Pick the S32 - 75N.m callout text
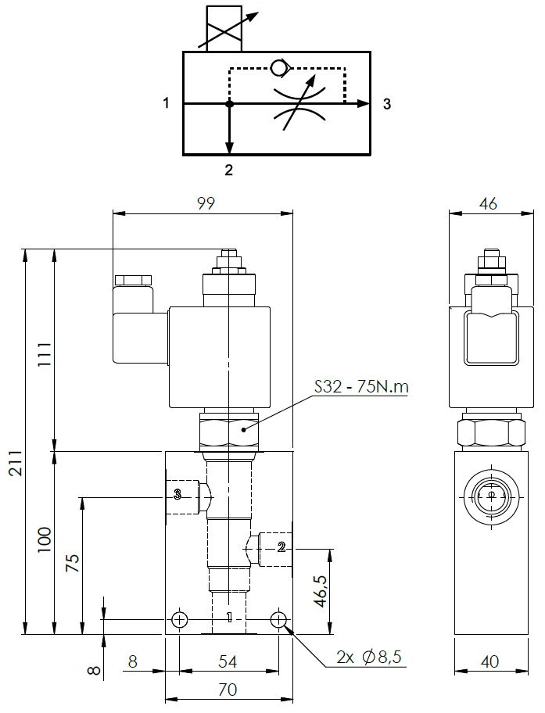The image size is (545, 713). click(360, 386)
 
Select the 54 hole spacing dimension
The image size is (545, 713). click(228, 661)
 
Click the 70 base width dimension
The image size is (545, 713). click(228, 690)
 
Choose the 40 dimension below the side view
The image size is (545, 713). click(489, 661)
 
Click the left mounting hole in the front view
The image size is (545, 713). click(180, 620)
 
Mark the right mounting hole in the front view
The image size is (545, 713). click(279, 620)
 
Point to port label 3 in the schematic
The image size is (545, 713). click(387, 104)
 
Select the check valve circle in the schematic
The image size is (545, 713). click(278, 69)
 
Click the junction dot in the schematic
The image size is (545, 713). click(229, 104)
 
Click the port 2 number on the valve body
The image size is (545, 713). click(281, 547)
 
